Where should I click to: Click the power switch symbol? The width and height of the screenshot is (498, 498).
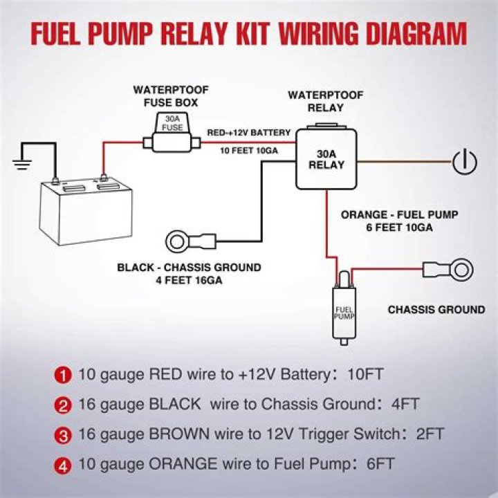[x=465, y=163]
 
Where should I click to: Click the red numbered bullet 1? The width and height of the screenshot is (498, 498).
[x=64, y=376]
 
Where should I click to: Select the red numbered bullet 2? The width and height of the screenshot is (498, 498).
[x=64, y=405]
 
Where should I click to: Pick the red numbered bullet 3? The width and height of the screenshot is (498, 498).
[x=64, y=434]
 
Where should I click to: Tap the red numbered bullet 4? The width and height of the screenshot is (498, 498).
[x=64, y=464]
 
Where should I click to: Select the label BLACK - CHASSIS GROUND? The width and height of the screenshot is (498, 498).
[x=189, y=268]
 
